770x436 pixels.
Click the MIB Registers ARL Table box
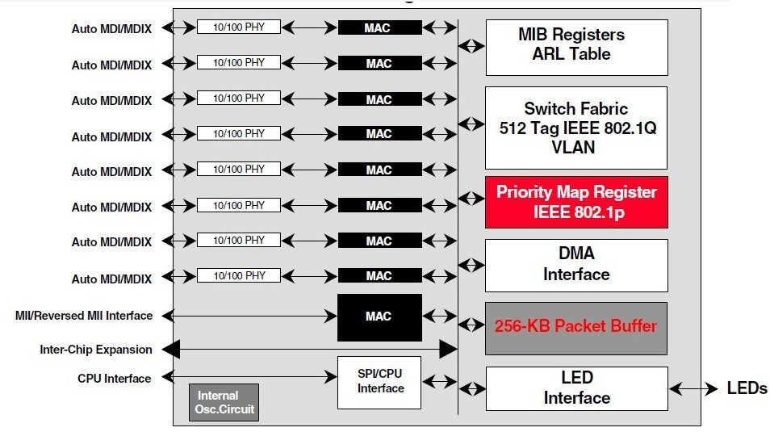(576, 47)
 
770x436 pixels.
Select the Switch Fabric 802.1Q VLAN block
(576, 128)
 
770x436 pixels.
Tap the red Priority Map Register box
(576, 202)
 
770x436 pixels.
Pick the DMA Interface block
(576, 265)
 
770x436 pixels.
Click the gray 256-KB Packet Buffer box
(576, 328)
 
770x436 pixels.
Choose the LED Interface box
(576, 388)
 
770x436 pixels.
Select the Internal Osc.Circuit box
(224, 402)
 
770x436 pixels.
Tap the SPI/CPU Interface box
(379, 382)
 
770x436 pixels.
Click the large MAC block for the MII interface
(379, 317)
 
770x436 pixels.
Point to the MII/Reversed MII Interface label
(84, 315)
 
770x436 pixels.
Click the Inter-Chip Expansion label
(95, 350)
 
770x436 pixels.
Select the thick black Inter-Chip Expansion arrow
(310, 350)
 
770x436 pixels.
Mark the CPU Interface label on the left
(114, 378)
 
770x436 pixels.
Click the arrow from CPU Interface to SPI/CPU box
(249, 377)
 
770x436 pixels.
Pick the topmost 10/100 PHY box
(239, 27)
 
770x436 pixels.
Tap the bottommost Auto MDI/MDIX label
(111, 279)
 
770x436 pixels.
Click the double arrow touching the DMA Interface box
(471, 265)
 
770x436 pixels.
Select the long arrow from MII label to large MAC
(249, 315)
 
